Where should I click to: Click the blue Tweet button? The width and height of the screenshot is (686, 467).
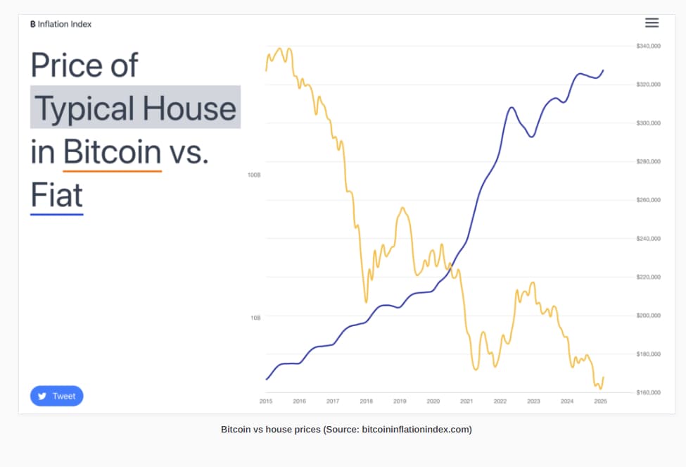56,396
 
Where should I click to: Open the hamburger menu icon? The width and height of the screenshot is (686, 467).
652,23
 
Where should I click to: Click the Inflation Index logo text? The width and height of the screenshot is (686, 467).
61,24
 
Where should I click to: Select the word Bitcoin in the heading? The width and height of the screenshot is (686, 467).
112,151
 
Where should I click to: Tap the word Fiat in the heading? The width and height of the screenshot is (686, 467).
56,195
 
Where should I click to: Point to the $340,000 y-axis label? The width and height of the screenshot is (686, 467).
648,46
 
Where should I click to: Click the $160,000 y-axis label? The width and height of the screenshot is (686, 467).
648,392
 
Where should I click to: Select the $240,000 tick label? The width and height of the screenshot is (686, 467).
648,238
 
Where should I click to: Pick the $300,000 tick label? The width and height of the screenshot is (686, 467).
648,123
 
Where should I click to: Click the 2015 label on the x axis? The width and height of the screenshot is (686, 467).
266,401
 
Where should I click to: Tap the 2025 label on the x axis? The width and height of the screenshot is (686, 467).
600,401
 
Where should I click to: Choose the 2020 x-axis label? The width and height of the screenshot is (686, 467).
433,401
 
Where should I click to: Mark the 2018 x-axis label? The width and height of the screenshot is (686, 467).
367,401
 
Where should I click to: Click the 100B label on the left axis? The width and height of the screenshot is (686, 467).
254,174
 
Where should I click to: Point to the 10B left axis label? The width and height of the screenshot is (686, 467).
255,318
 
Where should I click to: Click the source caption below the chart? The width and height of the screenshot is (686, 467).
346,429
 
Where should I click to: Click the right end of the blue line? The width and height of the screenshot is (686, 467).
603,70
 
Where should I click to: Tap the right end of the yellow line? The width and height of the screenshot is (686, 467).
604,378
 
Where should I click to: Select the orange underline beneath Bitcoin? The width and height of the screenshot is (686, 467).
112,170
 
